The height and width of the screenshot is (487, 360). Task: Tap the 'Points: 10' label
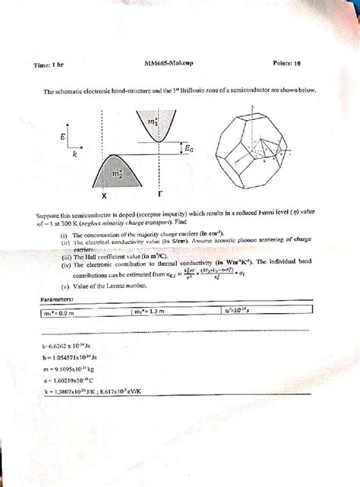tap(286, 64)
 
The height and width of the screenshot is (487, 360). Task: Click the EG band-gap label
tap(188, 151)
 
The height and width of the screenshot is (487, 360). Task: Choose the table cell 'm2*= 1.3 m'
tap(151, 311)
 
